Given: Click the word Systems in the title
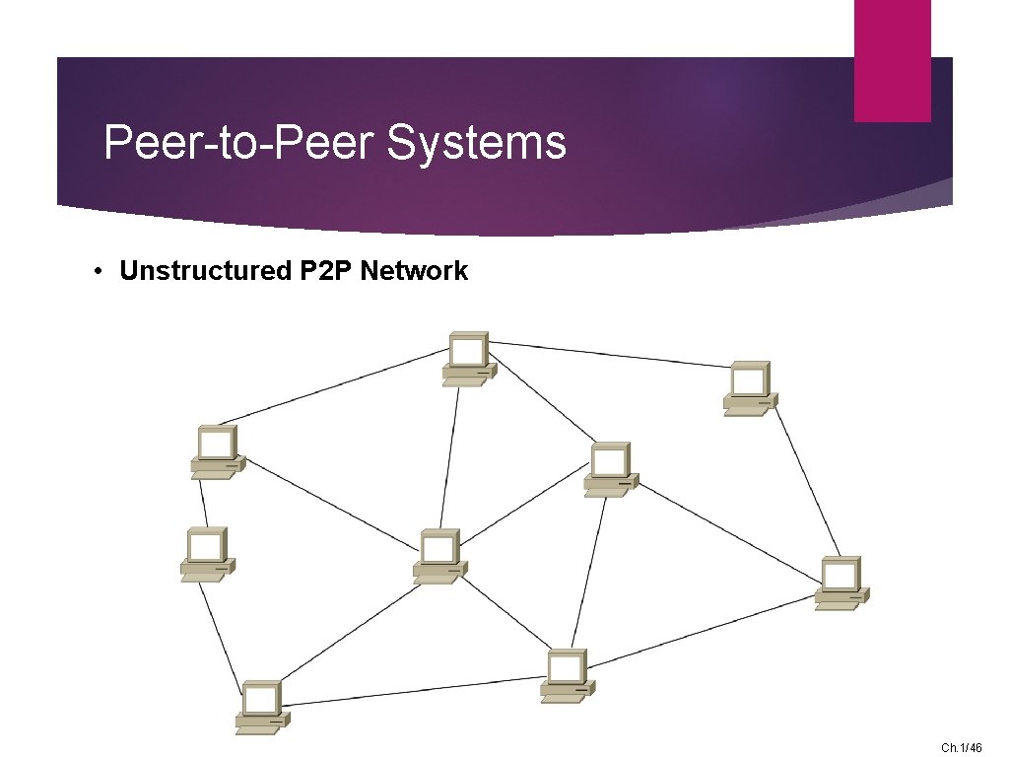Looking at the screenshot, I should click(477, 143).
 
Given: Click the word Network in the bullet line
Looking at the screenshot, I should click(414, 271).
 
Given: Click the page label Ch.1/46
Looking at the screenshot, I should click(962, 748).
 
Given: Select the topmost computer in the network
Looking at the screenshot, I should click(469, 358).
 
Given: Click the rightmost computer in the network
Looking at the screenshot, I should click(841, 583).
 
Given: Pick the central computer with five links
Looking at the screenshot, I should click(439, 557).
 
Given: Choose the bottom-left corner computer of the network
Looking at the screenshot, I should click(262, 707).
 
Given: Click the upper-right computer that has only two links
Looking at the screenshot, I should click(750, 387).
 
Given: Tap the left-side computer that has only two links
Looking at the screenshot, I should click(207, 554).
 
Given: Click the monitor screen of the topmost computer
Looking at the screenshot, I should click(468, 350).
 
